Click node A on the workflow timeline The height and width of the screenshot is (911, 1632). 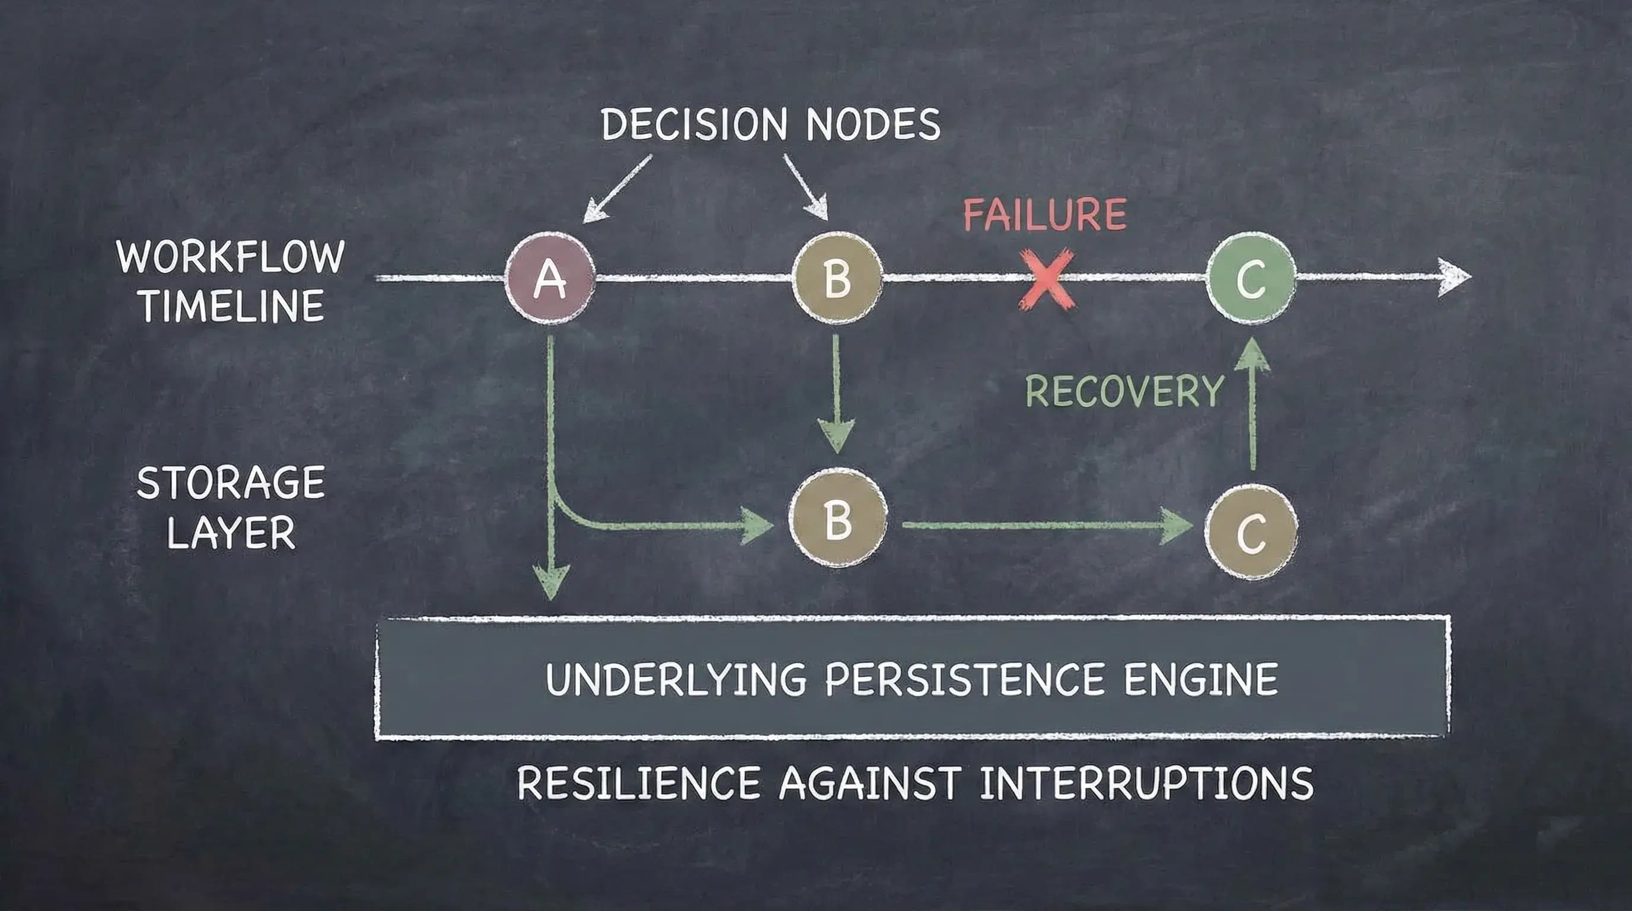tap(550, 279)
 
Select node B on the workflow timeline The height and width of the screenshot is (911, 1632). tap(837, 279)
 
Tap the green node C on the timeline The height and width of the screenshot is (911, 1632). tap(1251, 279)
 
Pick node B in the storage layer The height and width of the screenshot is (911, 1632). tap(837, 520)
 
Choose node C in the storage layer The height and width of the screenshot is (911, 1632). tap(1251, 532)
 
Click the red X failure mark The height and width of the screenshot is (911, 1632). tap(1047, 279)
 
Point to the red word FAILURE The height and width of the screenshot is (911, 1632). tap(1045, 215)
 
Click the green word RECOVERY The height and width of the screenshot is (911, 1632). tap(1124, 391)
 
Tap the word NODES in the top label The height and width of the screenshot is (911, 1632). tap(873, 124)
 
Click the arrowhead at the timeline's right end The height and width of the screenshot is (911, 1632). tap(1454, 277)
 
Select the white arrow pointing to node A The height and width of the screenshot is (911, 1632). tap(614, 190)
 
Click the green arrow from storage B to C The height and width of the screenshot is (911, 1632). tap(1045, 525)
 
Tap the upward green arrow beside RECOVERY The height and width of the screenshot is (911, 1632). tap(1252, 406)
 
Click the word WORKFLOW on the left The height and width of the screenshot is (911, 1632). tap(231, 257)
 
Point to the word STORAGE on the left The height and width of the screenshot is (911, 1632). tap(231, 483)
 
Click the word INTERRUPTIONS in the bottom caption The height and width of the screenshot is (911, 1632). tap(1146, 783)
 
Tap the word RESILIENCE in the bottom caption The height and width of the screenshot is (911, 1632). tap(639, 783)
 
